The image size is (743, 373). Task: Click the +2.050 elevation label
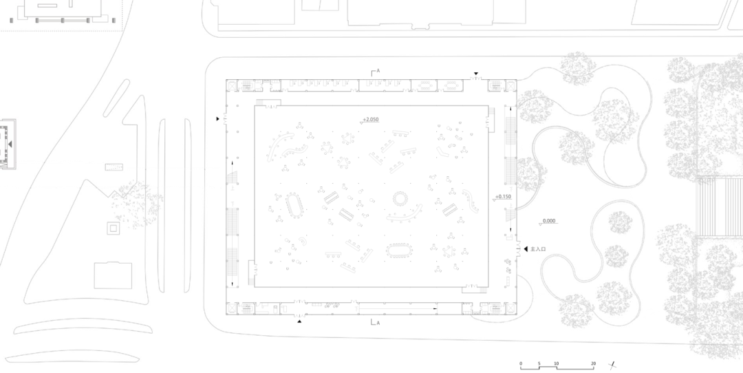[371, 119]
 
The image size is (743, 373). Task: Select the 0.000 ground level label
[548, 221]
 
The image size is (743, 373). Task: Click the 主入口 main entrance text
[538, 248]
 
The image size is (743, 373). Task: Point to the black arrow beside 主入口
[526, 248]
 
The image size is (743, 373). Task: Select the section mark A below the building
[376, 322]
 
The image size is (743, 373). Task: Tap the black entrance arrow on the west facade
[218, 119]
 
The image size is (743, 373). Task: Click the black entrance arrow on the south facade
[299, 321]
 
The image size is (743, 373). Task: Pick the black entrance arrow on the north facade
[475, 73]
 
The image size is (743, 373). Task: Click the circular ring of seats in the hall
[399, 200]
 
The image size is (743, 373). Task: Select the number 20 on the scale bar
[592, 363]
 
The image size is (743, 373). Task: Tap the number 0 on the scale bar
[521, 363]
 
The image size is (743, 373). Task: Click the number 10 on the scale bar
[557, 363]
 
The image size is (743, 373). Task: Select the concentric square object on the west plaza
[111, 227]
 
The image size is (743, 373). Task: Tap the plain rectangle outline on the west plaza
[113, 275]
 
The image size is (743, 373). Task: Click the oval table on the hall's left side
[294, 204]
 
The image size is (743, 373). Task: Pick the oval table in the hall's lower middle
[398, 248]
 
